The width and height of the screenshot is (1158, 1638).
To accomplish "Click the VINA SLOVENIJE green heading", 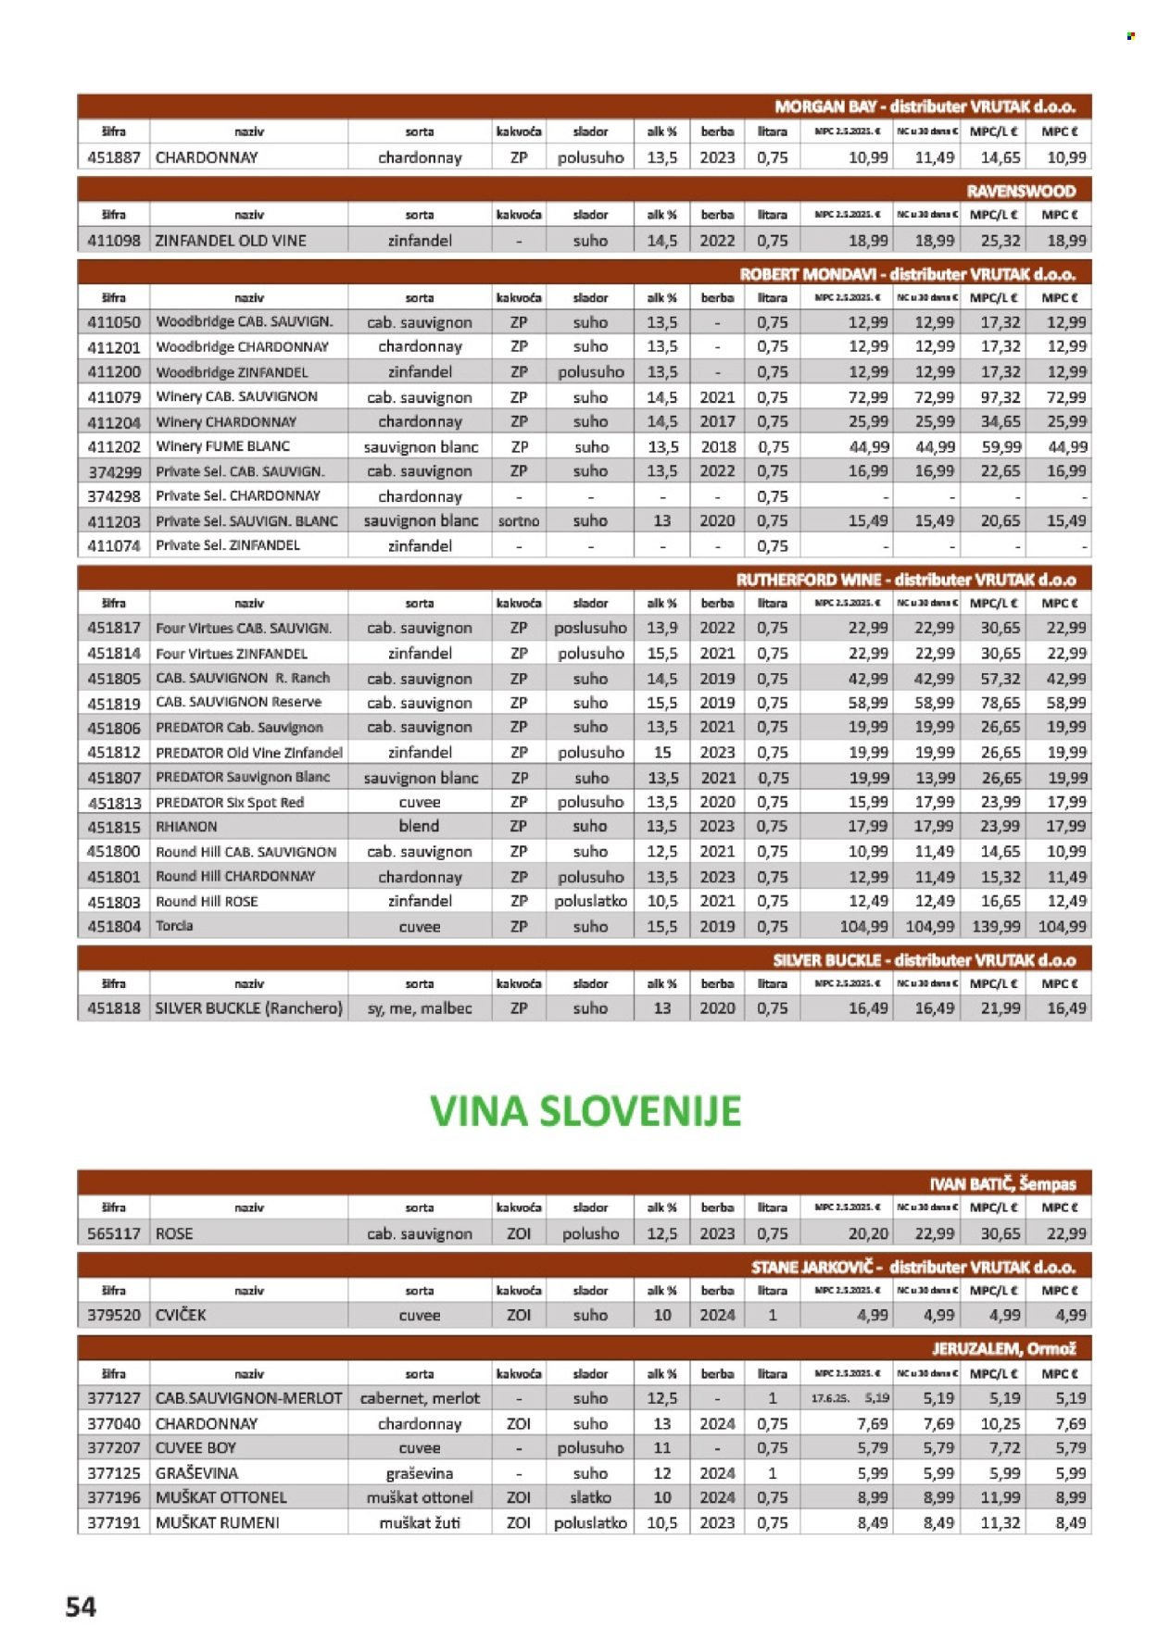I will point(585,1111).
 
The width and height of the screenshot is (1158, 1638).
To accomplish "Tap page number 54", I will point(81,1607).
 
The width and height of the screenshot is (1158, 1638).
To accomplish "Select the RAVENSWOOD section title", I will point(1021,191).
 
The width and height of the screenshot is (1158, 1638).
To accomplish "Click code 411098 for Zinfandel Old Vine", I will point(114,241).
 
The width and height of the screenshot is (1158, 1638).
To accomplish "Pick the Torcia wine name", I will point(175,926).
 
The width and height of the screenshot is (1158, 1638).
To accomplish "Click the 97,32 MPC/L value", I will point(1001,397).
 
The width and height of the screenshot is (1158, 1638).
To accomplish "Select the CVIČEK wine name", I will point(181,1315).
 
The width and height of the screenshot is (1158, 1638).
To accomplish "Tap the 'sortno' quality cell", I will point(519,521).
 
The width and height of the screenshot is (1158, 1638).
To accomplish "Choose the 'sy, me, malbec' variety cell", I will point(420,1008).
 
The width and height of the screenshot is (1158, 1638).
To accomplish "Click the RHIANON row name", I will point(186,827).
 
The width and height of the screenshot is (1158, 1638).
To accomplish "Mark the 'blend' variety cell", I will point(420,826).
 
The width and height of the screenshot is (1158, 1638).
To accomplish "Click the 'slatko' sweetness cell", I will point(590,1497).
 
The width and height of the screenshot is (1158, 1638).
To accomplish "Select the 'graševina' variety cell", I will point(420,1473).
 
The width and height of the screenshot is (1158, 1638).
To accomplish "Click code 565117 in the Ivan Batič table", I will point(114,1233).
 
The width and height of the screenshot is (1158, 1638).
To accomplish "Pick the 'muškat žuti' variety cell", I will point(420,1522).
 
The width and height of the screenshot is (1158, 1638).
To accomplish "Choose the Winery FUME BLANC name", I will point(223,446).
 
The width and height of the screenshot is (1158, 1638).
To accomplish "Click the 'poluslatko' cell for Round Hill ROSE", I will point(590,901).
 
